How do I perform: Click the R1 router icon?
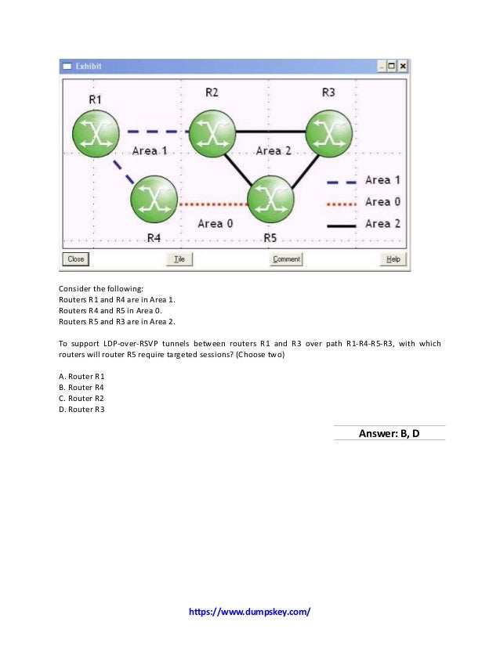96,133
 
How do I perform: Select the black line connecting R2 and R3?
270,131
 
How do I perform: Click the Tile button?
179,259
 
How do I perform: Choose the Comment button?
286,259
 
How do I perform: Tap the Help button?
393,259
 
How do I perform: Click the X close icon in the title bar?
403,67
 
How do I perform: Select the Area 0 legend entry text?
382,202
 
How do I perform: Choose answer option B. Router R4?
82,387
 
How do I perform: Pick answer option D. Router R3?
82,409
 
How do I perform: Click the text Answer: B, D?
389,432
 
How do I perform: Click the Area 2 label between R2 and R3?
273,150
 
